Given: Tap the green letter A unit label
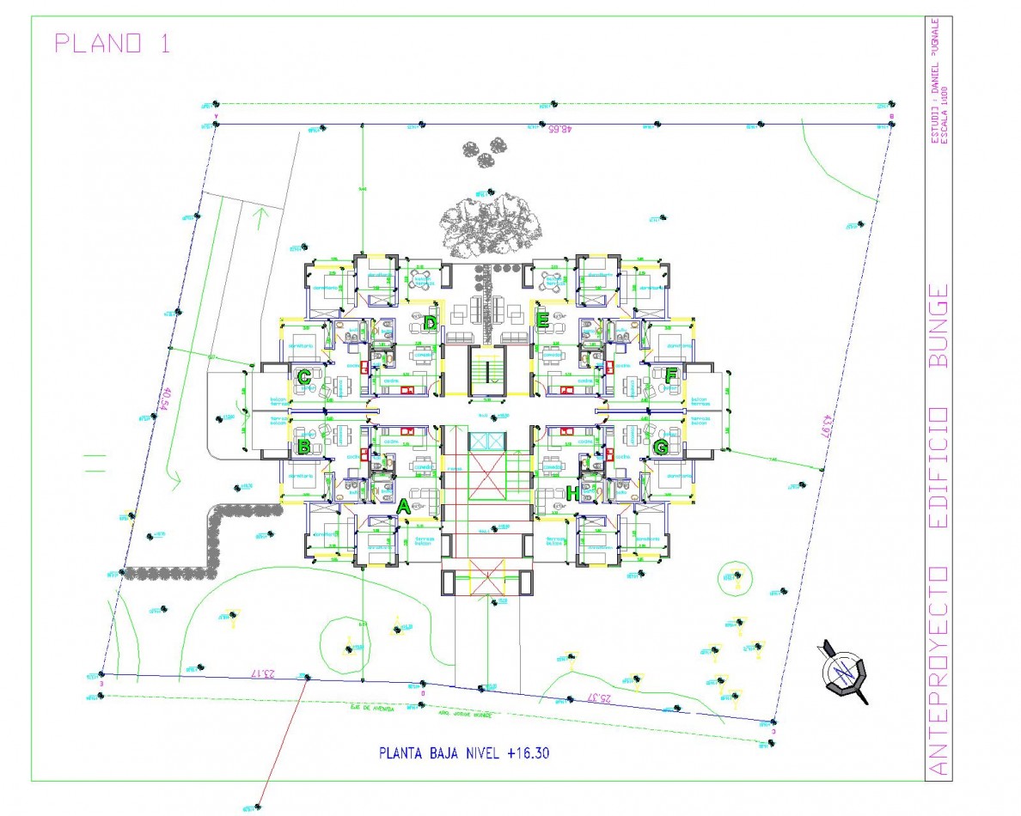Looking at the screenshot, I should click(404, 507).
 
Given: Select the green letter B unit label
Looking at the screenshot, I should click(303, 448).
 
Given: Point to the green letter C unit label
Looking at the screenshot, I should click(303, 377).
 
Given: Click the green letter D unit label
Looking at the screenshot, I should click(430, 323).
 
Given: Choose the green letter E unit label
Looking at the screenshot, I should click(543, 321).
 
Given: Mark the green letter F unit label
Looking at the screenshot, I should click(671, 375).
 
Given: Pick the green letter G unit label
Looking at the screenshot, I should click(660, 448).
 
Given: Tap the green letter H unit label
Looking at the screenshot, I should click(573, 493).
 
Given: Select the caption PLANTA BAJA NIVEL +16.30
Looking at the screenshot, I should click(464, 754).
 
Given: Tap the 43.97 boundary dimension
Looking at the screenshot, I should click(826, 429).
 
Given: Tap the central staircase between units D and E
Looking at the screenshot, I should click(486, 371).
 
